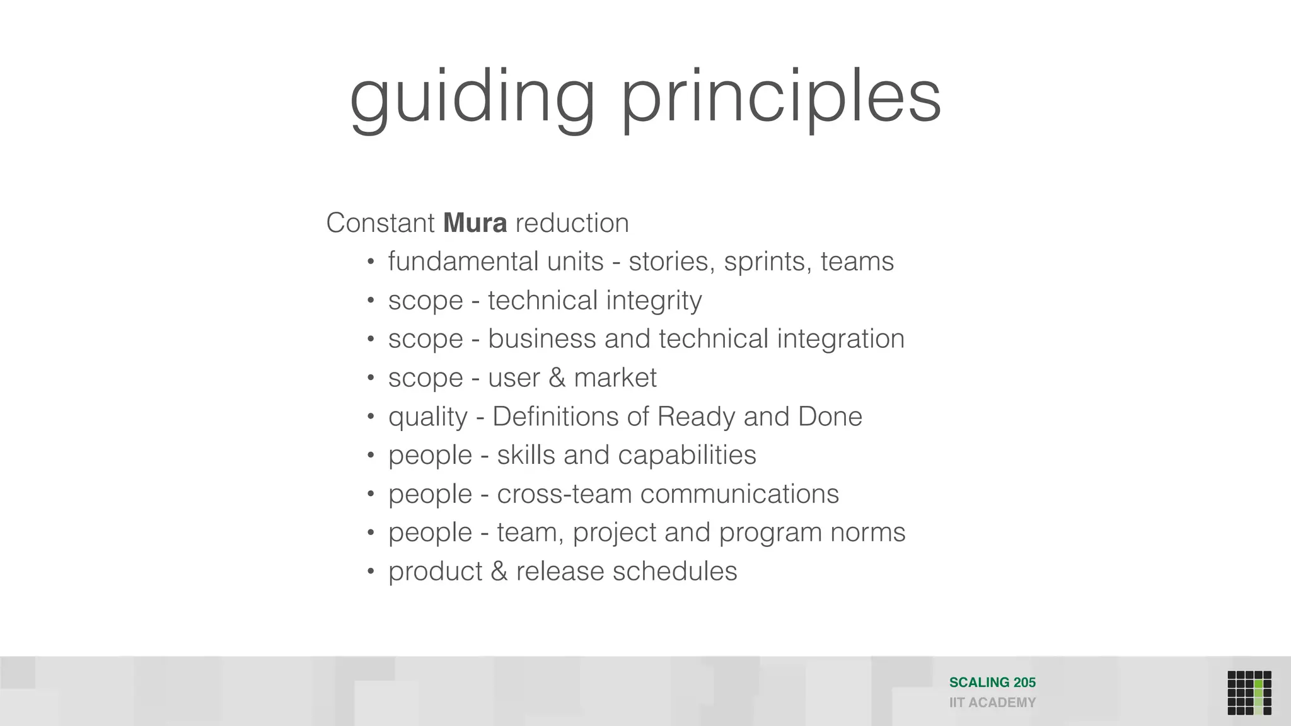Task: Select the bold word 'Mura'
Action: click(475, 223)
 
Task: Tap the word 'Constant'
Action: click(380, 223)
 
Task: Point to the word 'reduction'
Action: click(572, 223)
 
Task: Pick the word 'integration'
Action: click(840, 339)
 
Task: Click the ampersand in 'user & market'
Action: click(557, 378)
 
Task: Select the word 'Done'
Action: click(830, 417)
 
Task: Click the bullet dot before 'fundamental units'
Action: click(371, 262)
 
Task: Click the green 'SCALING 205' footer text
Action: click(992, 683)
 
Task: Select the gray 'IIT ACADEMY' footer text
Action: click(992, 703)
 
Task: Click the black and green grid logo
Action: click(1249, 693)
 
